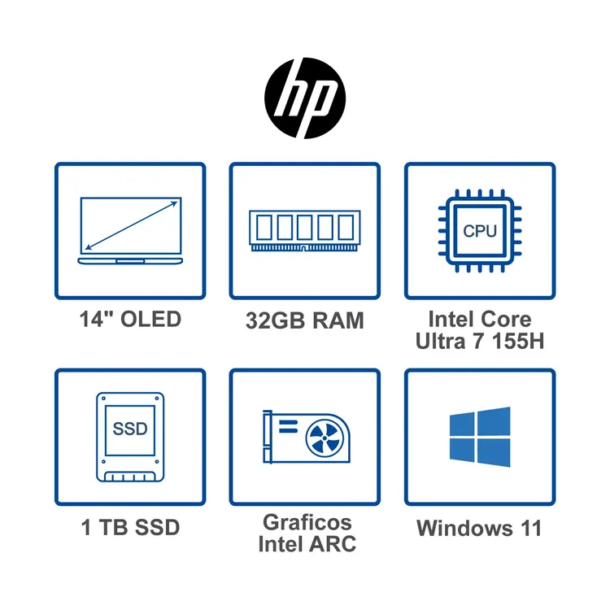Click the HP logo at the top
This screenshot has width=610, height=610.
coord(305,98)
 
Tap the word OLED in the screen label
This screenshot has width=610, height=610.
coord(151,319)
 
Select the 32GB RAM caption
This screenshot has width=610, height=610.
coord(305,320)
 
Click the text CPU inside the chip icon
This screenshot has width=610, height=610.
coord(480,231)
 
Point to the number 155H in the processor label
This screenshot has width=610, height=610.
coord(518,341)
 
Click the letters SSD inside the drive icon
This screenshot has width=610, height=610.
coord(130,429)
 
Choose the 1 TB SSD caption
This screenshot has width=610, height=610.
coord(130,528)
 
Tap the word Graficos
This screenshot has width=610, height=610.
coord(307,522)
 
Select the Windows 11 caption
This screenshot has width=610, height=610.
coord(479,528)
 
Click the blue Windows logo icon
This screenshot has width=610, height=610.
coord(480,437)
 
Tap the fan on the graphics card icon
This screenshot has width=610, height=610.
coord(325,438)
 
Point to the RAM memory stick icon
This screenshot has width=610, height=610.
coord(305,231)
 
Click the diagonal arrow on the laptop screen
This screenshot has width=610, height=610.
coord(131,225)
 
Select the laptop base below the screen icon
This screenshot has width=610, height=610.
coord(130,261)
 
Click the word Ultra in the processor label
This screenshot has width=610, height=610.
coord(440,341)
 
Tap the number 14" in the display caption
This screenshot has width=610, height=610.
coord(97,319)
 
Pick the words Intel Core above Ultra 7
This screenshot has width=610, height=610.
coord(480,319)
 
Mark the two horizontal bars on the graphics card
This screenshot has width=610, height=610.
coord(288,426)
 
